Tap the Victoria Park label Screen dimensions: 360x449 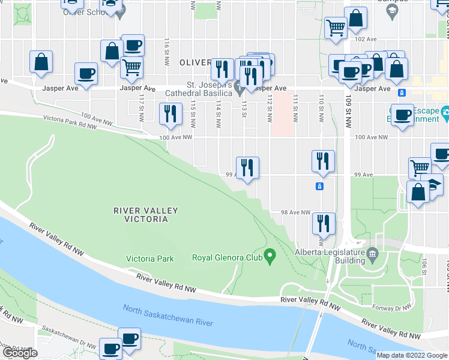point(150,259)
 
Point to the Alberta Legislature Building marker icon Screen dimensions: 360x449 point(372,253)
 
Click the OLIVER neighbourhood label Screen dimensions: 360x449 point(195,62)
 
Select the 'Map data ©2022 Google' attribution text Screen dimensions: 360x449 point(412,355)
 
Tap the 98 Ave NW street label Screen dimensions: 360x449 point(296,212)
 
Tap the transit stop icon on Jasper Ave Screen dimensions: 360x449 point(402,92)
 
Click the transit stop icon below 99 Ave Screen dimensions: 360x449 point(320,187)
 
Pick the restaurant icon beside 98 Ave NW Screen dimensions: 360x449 point(323,223)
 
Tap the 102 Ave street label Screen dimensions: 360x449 point(366,38)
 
